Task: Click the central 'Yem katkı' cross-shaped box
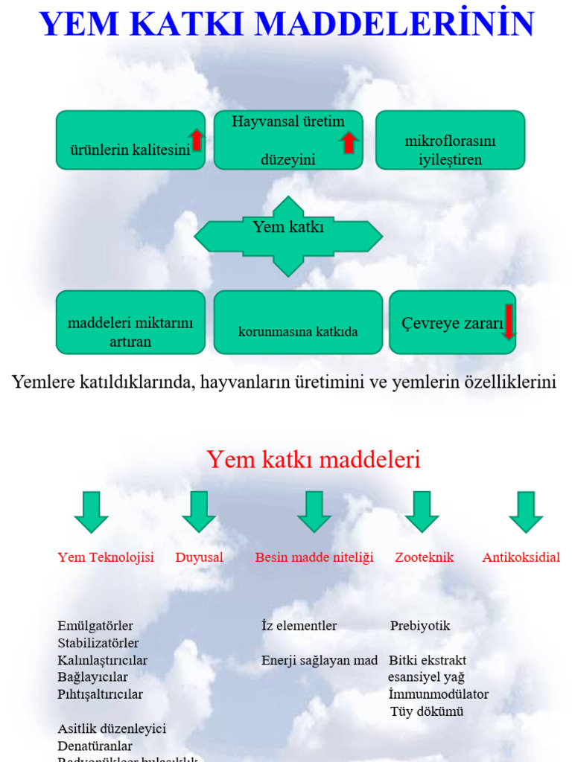coord(288,236)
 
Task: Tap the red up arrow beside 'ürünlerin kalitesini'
coord(197,140)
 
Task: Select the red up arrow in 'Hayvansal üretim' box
coord(348,142)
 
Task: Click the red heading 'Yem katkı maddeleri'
coord(314,460)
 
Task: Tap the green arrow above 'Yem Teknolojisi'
coord(91,511)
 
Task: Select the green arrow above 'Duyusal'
coord(199,511)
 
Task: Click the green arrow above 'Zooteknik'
coord(422,511)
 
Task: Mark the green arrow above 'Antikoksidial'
coord(526,511)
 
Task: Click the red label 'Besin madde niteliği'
coord(314,557)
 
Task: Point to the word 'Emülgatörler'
coord(95,626)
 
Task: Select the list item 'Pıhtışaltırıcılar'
coord(100,694)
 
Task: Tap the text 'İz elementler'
coord(299,626)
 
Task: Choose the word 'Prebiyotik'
coord(420,626)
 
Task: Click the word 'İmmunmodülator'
coord(438,694)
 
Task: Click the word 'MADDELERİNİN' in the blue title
coord(395,24)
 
